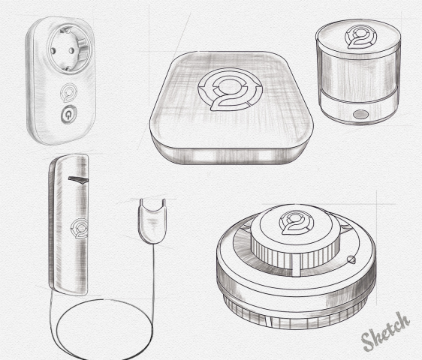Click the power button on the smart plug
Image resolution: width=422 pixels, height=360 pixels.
click(69, 115)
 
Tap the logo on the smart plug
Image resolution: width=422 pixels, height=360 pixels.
click(68, 92)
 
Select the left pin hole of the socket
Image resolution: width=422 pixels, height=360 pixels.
click(53, 50)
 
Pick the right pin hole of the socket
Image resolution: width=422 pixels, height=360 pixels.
click(71, 50)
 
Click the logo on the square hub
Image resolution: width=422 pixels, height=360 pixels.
click(230, 89)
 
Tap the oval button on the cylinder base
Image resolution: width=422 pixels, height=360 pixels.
click(360, 114)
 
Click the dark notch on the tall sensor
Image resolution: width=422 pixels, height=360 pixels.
click(78, 179)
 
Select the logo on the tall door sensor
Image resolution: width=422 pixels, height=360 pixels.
click(80, 229)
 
